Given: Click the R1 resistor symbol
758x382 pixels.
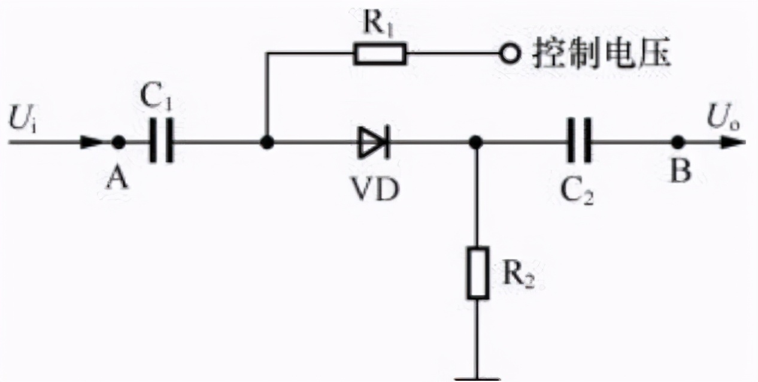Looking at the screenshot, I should pos(380,54).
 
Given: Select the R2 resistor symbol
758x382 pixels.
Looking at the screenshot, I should pos(478,272).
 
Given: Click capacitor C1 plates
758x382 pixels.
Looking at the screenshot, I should pos(162,143).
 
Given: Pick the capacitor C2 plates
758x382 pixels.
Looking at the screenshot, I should pos(579,143).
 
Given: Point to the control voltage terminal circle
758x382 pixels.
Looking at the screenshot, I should pos(510,54).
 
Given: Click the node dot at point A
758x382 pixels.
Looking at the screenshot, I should pos(119,143).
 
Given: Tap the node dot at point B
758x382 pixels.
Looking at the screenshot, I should pos(677,143).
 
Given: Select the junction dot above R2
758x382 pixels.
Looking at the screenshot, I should pos(476,143).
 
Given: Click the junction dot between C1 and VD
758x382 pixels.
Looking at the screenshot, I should pos(267,143).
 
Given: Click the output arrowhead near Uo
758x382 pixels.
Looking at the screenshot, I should pos(735,143).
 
